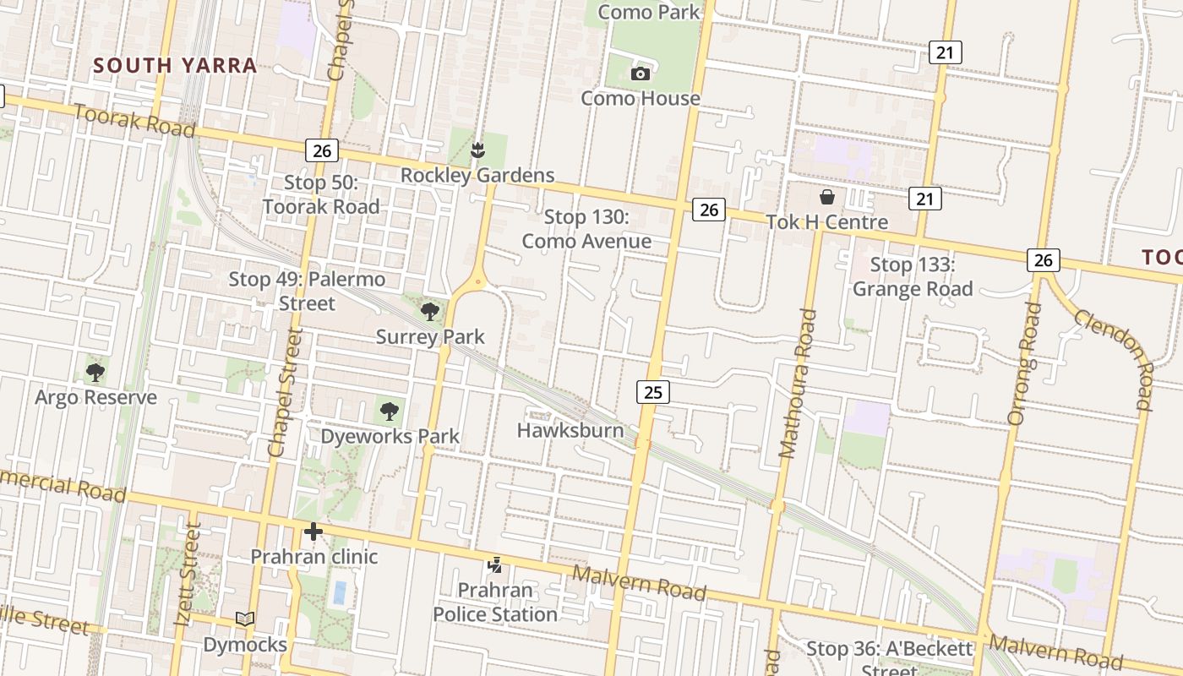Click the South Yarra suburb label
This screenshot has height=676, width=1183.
point(175,66)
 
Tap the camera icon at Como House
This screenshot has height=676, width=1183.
point(641,74)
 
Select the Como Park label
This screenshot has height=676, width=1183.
point(649,12)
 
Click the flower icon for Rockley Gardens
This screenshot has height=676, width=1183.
point(477,151)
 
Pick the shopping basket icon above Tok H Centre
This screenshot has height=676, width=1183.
point(826,198)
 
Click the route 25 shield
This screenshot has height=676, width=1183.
point(652,391)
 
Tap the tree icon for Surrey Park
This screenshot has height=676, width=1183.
point(430,312)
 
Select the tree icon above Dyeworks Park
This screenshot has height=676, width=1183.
point(389,412)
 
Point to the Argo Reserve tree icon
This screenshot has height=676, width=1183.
point(95,372)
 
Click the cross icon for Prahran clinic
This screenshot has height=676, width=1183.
point(313,532)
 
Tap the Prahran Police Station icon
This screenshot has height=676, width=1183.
point(495,564)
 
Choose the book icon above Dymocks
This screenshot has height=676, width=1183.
point(245,619)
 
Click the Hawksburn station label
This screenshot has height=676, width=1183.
point(570,430)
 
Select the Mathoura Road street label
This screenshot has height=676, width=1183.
point(798,384)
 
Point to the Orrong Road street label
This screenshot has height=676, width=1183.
point(1023,363)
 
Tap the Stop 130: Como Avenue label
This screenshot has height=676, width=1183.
point(586,229)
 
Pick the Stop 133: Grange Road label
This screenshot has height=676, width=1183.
point(913,276)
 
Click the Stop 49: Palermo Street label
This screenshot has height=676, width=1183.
point(307,291)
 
